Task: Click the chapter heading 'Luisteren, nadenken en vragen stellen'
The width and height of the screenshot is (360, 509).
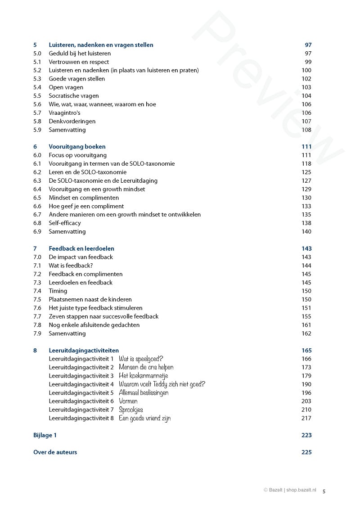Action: (x=101, y=45)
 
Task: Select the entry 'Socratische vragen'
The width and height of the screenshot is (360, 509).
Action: (x=74, y=96)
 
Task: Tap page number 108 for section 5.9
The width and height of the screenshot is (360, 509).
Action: (x=306, y=130)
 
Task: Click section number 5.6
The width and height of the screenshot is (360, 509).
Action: (x=37, y=104)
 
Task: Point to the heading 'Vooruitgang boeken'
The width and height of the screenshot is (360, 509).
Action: (x=77, y=147)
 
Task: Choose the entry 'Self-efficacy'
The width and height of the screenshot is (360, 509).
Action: (x=65, y=223)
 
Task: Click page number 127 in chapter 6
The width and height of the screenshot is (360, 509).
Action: (x=306, y=181)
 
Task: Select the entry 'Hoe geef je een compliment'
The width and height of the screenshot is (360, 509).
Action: (x=86, y=206)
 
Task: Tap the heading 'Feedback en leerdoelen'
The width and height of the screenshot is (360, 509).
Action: (x=81, y=248)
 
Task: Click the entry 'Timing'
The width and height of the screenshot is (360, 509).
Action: (x=58, y=291)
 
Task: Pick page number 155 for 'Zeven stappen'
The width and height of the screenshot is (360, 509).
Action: (x=306, y=316)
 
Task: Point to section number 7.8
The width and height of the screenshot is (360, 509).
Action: (x=37, y=325)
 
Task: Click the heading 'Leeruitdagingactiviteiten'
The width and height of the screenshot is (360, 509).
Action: (x=84, y=351)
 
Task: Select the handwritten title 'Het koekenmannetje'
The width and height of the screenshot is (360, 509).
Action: (x=143, y=376)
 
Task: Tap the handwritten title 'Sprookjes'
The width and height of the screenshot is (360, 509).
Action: (x=131, y=410)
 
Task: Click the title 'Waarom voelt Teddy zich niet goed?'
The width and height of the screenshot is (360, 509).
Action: (x=162, y=384)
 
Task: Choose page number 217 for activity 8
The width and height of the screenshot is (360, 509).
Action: (x=306, y=418)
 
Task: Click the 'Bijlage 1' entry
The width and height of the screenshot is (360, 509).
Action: (x=45, y=435)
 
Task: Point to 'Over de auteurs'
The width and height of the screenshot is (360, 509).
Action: (x=55, y=452)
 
